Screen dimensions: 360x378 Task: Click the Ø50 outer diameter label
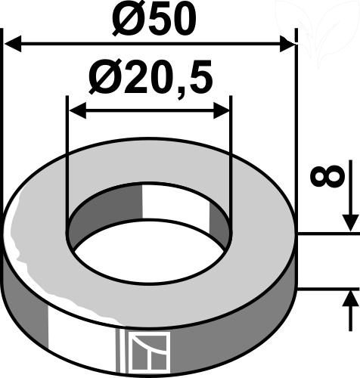point(154,20)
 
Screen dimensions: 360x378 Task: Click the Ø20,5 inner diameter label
point(151,78)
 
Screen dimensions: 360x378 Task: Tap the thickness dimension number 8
point(327,176)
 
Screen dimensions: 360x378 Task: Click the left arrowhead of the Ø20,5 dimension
point(77,110)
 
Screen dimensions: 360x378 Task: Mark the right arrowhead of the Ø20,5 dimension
point(222,110)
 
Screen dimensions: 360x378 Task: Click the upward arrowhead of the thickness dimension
point(350,299)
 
